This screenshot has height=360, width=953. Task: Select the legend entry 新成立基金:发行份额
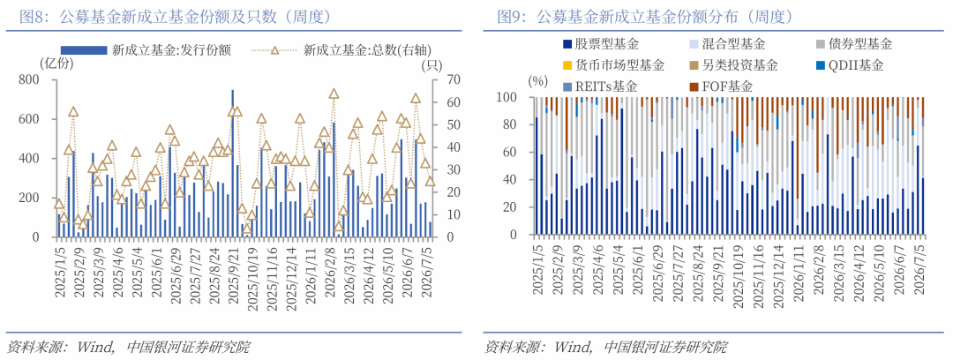click(146, 50)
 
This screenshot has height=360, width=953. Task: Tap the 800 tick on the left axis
click(29, 79)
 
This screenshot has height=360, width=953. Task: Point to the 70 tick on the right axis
click(439, 79)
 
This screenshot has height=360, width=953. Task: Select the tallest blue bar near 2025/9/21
click(232, 163)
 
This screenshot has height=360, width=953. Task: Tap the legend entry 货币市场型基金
click(613, 65)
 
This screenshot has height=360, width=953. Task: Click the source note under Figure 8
click(128, 348)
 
